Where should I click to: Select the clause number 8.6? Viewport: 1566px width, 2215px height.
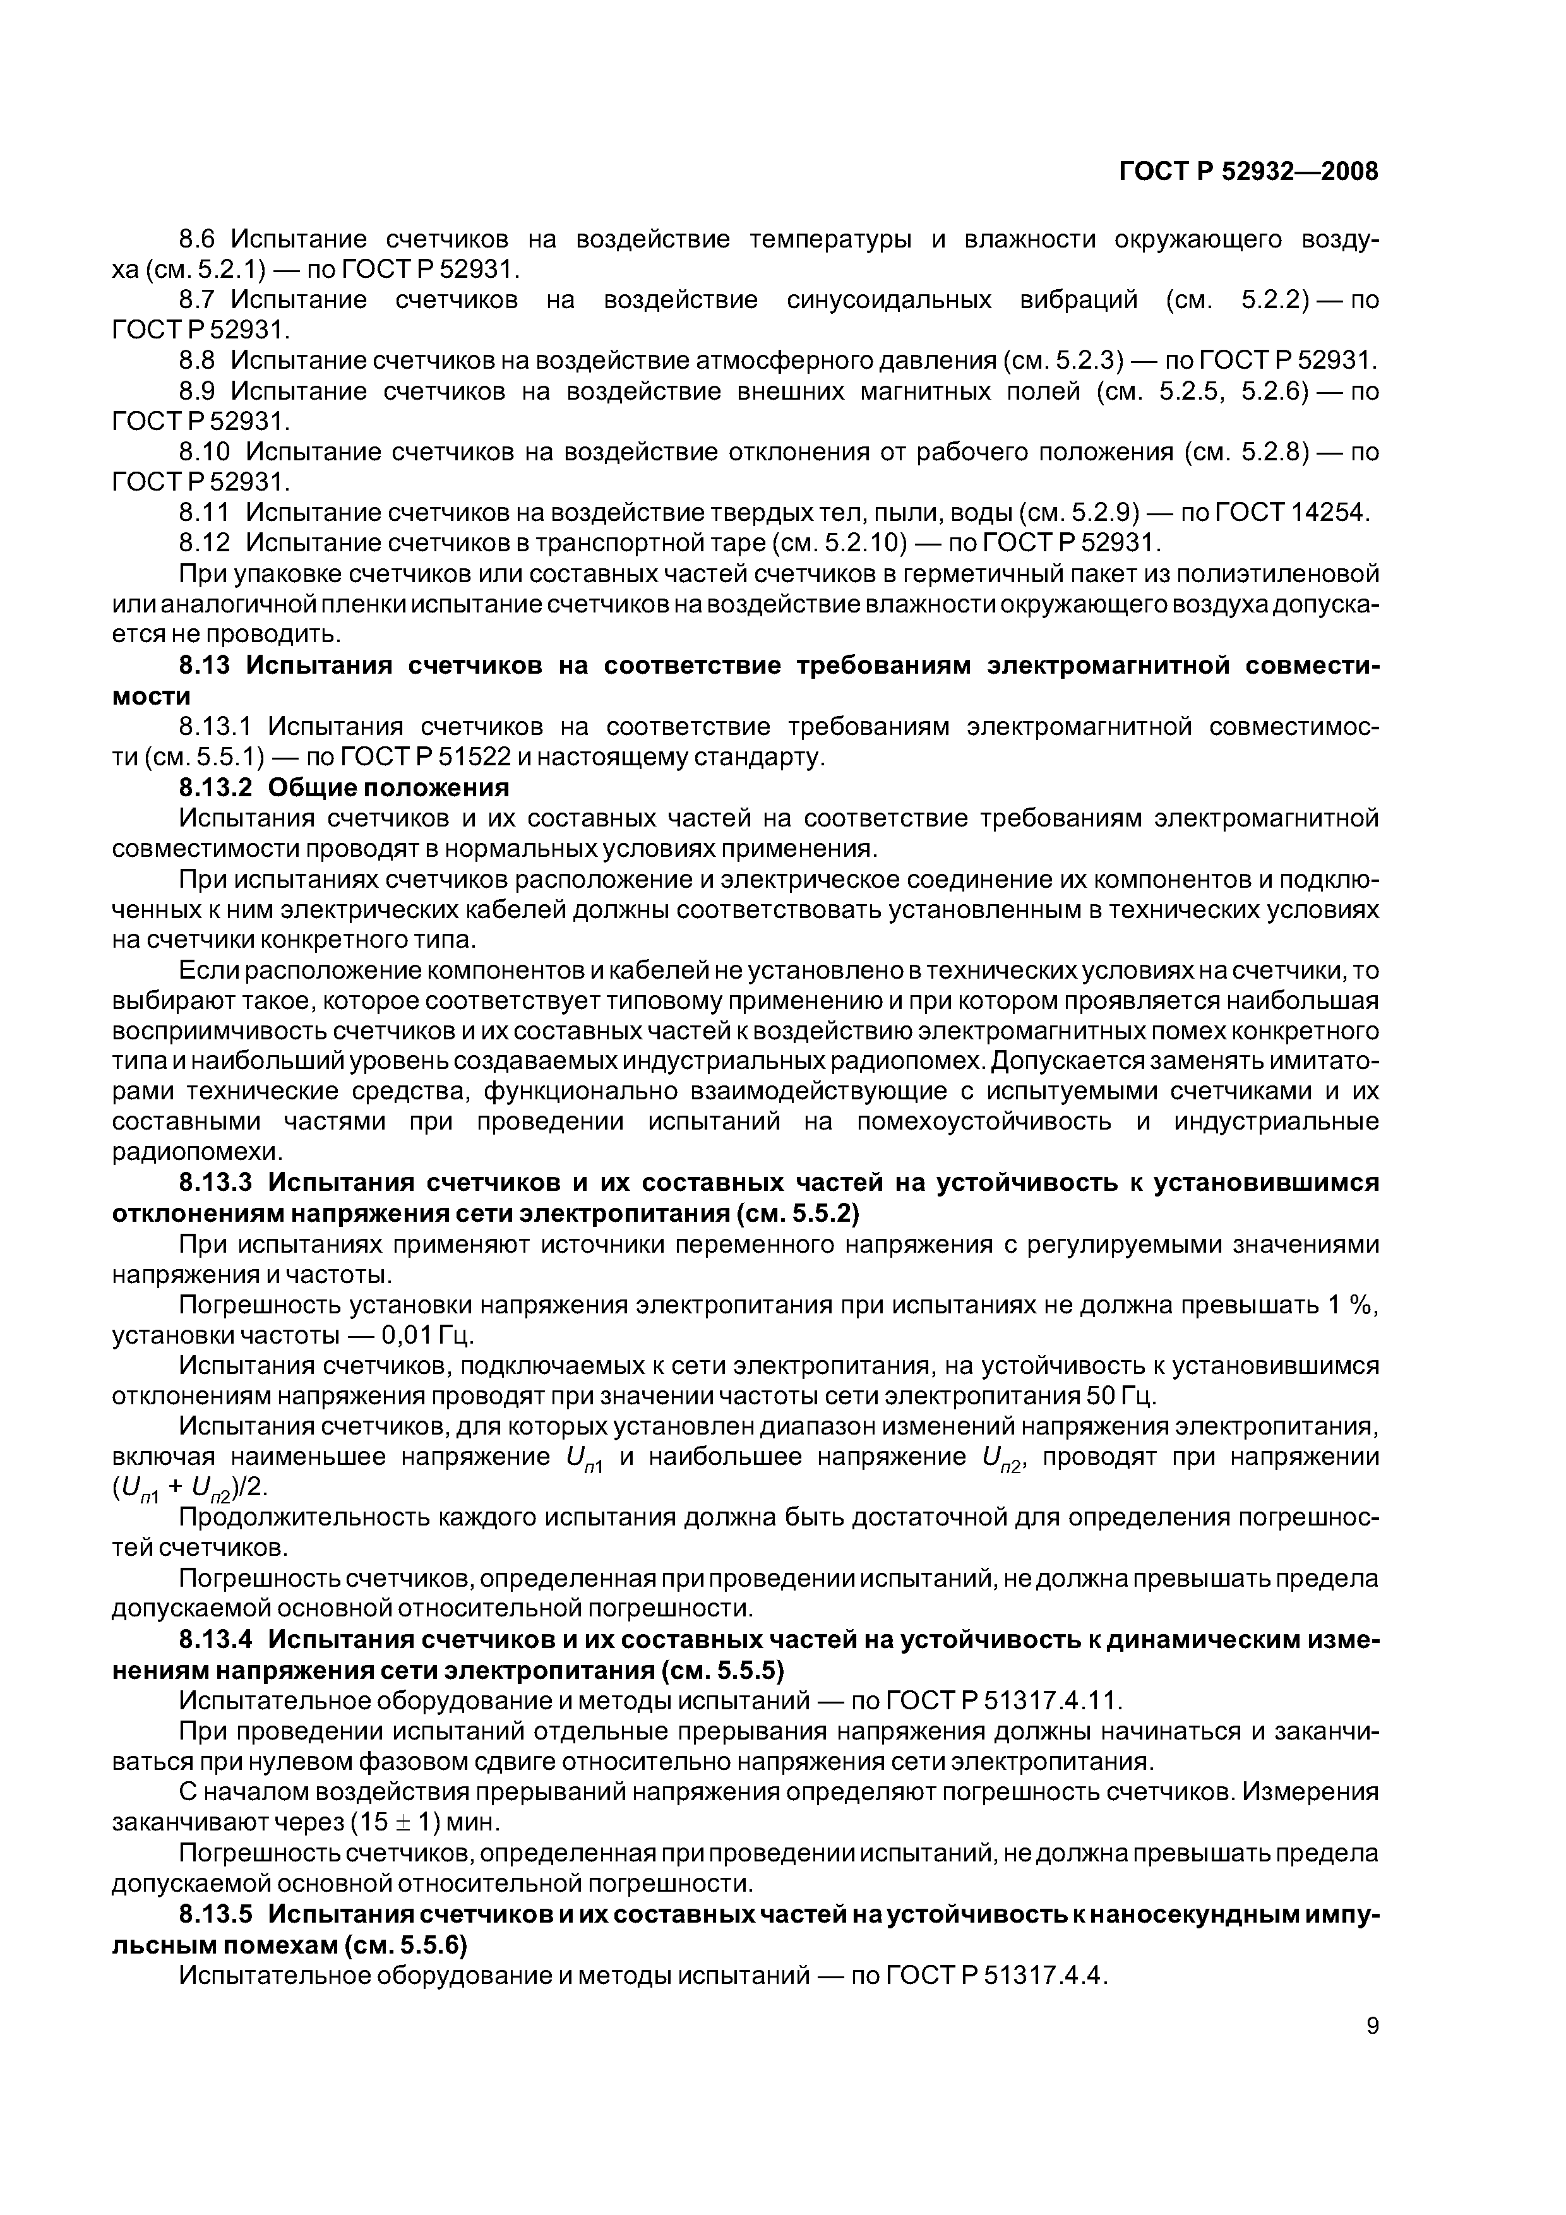pos(201,239)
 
